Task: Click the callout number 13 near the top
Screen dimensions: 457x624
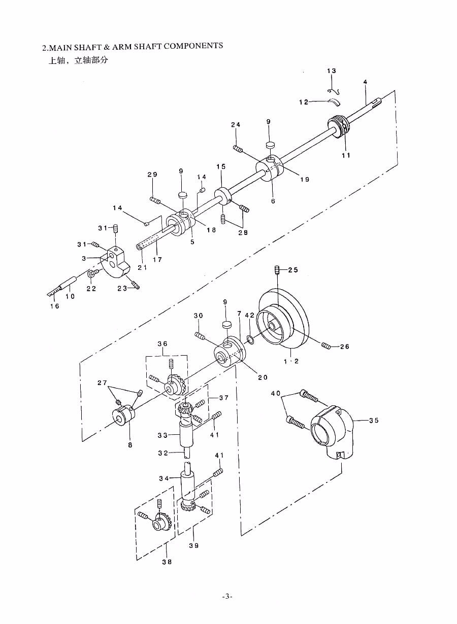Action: click(332, 71)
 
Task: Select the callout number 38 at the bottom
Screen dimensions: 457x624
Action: click(167, 562)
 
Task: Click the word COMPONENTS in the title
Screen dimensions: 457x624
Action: click(193, 46)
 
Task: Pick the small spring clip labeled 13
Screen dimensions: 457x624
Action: click(334, 91)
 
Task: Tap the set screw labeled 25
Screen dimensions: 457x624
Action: click(277, 270)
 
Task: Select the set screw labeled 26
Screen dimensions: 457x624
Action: click(326, 345)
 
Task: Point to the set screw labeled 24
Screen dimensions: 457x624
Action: click(238, 149)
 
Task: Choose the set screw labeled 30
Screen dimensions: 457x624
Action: click(200, 336)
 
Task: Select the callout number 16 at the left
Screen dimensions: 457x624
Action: click(55, 306)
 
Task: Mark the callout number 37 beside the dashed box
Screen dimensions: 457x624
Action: click(224, 398)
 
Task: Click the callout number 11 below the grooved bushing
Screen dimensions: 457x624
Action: click(346, 155)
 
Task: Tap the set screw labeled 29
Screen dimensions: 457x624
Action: click(155, 200)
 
